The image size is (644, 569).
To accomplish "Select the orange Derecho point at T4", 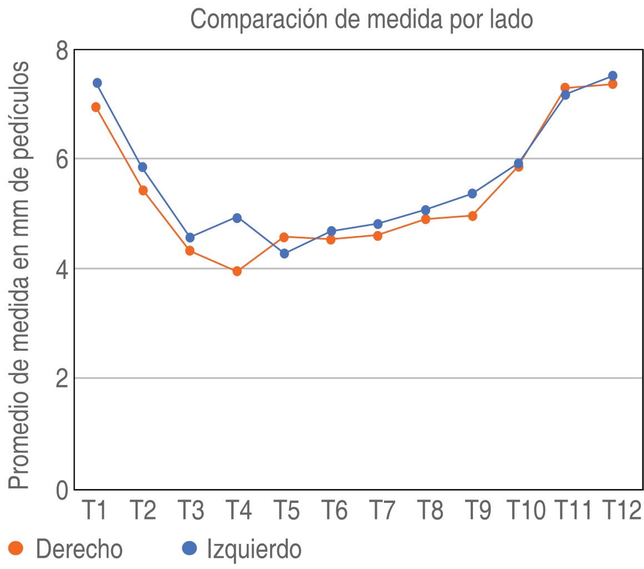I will pyautogui.click(x=237, y=271).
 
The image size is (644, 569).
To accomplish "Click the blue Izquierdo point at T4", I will pyautogui.click(x=237, y=218).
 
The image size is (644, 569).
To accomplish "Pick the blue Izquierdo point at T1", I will pyautogui.click(x=97, y=83).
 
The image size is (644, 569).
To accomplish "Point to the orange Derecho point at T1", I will pyautogui.click(x=96, y=107).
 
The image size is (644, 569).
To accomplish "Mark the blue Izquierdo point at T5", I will pyautogui.click(x=284, y=253).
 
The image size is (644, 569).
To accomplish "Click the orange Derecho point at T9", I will pyautogui.click(x=472, y=216).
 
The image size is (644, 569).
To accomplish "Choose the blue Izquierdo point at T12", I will pyautogui.click(x=612, y=76).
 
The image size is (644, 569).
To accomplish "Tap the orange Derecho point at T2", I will pyautogui.click(x=143, y=191).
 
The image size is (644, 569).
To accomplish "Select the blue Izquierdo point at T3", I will pyautogui.click(x=190, y=237).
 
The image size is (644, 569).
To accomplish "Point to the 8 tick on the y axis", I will pyautogui.click(x=62, y=52).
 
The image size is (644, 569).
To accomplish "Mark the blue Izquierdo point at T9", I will pyautogui.click(x=472, y=193).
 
